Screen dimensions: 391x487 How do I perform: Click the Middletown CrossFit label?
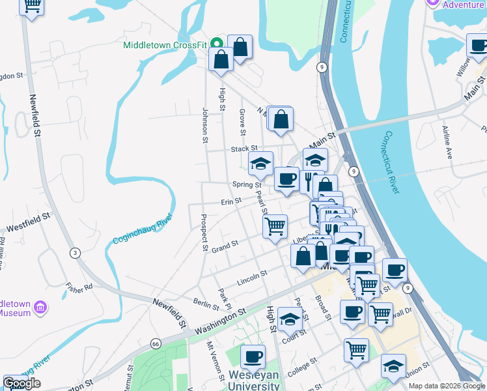(x=165, y=46)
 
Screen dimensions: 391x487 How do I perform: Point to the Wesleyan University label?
(x=254, y=381)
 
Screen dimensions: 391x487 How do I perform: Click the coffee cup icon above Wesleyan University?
(x=253, y=356)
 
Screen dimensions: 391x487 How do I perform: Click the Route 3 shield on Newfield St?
(x=76, y=253)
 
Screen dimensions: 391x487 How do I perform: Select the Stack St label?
(x=244, y=149)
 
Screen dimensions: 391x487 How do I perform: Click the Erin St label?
(x=231, y=202)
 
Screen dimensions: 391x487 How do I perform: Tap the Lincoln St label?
(x=253, y=278)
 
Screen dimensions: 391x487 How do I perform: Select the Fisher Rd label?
(x=79, y=286)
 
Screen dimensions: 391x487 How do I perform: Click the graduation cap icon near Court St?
(x=290, y=319)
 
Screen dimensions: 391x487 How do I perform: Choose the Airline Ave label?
(x=447, y=143)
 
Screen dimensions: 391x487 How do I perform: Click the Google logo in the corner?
(x=21, y=383)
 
